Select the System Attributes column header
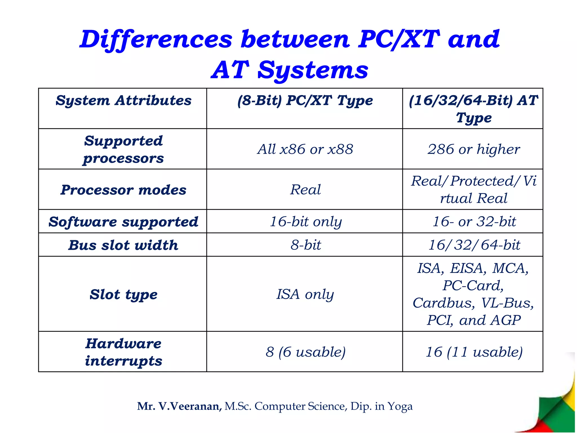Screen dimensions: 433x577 click(123, 100)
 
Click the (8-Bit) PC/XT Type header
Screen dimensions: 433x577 click(305, 100)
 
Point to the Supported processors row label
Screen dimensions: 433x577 click(123, 149)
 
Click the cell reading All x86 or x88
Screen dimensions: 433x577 click(305, 149)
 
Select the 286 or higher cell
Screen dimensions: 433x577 click(473, 149)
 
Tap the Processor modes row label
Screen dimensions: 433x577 click(123, 190)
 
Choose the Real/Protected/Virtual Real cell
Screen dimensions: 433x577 click(473, 189)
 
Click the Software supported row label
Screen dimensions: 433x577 click(123, 222)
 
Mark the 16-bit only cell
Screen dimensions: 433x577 click(305, 222)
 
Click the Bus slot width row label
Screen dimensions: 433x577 click(123, 245)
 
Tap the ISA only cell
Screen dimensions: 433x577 click(305, 294)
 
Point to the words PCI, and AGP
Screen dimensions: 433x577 click(473, 320)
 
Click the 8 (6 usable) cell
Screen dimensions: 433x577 click(305, 352)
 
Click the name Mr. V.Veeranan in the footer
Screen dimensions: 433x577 click(179, 406)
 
